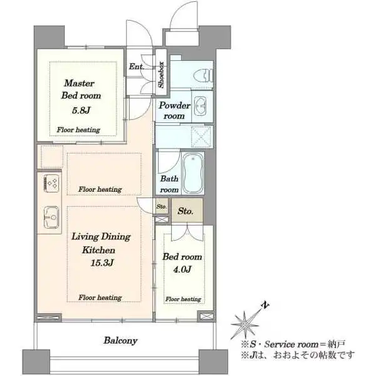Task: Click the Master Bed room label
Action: [x=80, y=90]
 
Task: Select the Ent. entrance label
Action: [x=137, y=66]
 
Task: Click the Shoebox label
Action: [x=161, y=73]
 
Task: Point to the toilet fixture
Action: [x=199, y=75]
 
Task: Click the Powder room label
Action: [x=174, y=111]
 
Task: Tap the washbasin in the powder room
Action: [x=201, y=105]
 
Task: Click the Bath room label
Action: [x=169, y=184]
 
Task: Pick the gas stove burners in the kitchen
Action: [x=51, y=184]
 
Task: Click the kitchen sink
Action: [x=50, y=219]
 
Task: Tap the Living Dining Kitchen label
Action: [x=100, y=243]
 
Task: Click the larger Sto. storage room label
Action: [x=185, y=211]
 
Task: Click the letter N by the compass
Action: [x=266, y=306]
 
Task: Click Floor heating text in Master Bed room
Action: [x=78, y=130]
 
